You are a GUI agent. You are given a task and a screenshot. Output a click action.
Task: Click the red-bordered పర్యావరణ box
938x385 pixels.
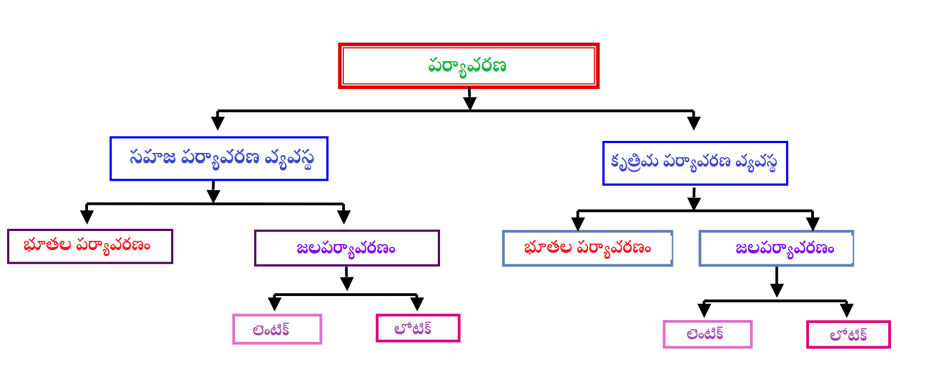click(468, 66)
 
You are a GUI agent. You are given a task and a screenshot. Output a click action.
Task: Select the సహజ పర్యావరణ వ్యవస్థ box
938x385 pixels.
click(219, 158)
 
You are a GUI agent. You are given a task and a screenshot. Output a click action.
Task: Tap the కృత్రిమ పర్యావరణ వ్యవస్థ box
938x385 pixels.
click(695, 163)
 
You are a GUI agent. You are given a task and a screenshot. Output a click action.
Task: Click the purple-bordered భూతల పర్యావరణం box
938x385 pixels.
click(90, 246)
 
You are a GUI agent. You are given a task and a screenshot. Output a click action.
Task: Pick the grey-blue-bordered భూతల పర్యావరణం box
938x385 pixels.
click(587, 248)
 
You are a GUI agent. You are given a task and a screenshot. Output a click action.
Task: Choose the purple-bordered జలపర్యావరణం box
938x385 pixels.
click(347, 248)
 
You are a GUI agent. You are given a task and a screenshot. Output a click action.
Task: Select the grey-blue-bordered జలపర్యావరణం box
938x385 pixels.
click(776, 248)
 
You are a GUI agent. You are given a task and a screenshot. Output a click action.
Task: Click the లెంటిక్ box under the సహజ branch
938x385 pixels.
click(277, 329)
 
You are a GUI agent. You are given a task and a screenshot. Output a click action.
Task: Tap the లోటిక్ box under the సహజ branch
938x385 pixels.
click(418, 328)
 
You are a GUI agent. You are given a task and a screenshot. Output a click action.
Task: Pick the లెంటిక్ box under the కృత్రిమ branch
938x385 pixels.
click(707, 334)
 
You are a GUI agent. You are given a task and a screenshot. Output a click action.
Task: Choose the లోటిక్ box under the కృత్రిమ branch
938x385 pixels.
click(848, 334)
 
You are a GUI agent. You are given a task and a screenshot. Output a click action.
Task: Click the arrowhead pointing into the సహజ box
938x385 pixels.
click(218, 122)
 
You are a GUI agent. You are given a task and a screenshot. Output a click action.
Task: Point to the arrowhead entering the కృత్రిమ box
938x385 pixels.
click(694, 123)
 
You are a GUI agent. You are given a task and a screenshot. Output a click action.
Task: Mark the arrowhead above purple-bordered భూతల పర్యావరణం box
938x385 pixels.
click(87, 216)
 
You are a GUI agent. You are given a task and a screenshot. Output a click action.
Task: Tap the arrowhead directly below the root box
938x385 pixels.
click(470, 103)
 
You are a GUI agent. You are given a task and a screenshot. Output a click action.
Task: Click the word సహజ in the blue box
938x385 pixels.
click(152, 157)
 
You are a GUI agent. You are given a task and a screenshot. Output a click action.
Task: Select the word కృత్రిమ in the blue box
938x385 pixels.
click(634, 162)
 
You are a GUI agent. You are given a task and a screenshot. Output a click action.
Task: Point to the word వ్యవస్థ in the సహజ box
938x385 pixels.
click(289, 159)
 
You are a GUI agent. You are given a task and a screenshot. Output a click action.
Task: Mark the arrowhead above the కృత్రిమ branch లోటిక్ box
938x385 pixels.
click(847, 310)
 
